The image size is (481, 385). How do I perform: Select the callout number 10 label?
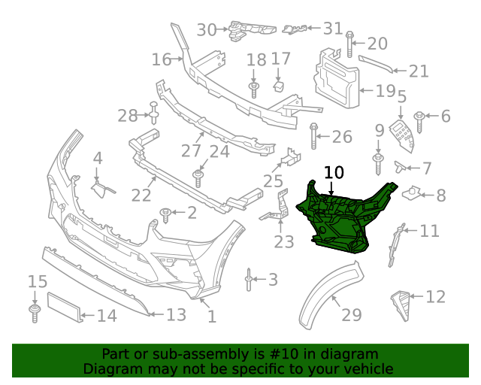[x=334, y=173]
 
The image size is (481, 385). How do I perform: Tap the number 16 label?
[x=161, y=59]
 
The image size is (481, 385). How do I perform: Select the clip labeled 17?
[x=277, y=84]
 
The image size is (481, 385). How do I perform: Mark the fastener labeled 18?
[x=254, y=89]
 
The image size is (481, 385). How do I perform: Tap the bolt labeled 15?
[x=35, y=311]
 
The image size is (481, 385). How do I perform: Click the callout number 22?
[x=141, y=196]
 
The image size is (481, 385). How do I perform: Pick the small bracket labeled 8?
[x=413, y=193]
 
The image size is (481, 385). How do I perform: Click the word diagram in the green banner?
[x=352, y=354]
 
